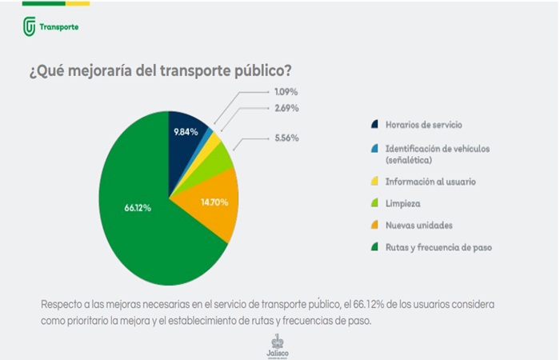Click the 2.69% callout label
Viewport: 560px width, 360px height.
[286, 108]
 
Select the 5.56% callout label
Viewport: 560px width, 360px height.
[286, 138]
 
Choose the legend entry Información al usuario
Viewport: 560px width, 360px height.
[430, 182]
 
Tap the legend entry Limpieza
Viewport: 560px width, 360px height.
[402, 204]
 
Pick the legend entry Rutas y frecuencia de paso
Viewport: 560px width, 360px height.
[438, 247]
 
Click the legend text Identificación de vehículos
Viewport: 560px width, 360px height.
[436, 148]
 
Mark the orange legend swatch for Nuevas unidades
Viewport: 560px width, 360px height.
[374, 226]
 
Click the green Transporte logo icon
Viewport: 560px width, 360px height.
[30, 26]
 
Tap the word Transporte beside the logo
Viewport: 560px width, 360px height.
[59, 27]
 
